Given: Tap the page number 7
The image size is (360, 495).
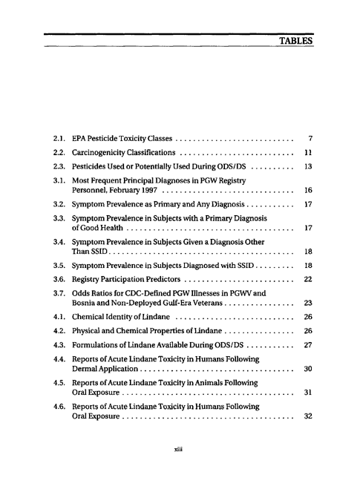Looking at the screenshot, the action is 307,138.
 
